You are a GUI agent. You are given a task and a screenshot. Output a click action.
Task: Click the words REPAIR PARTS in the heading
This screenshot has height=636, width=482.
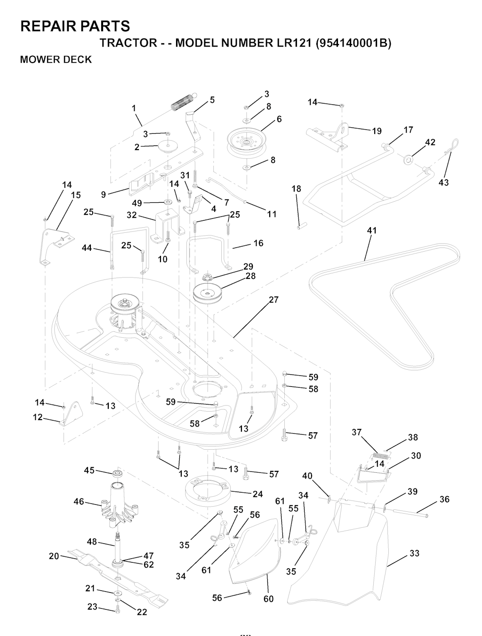click(x=75, y=26)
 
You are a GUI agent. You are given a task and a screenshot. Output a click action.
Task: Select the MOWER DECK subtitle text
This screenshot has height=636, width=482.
click(x=56, y=60)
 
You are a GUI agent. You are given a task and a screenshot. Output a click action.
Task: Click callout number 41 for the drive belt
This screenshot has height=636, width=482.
click(x=372, y=231)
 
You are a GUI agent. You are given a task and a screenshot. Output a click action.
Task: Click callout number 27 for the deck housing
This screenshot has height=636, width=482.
click(x=273, y=300)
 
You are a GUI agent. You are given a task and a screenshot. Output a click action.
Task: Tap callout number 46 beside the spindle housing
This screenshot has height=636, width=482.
click(x=79, y=501)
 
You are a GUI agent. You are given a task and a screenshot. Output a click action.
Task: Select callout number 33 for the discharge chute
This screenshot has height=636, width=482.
click(x=414, y=553)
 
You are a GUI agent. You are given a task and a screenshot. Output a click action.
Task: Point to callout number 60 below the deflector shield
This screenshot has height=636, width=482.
click(x=268, y=599)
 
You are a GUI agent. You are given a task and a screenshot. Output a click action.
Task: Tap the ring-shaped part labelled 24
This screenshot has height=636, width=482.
click(x=207, y=492)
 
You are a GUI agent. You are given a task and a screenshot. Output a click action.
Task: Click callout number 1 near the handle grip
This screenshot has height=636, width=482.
click(x=134, y=108)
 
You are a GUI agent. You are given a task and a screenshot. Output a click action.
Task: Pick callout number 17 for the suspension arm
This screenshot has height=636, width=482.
click(x=408, y=130)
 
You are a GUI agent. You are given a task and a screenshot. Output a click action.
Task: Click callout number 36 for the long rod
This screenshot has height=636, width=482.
click(x=444, y=499)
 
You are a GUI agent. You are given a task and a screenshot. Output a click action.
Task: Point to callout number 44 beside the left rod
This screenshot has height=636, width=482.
click(x=87, y=247)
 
